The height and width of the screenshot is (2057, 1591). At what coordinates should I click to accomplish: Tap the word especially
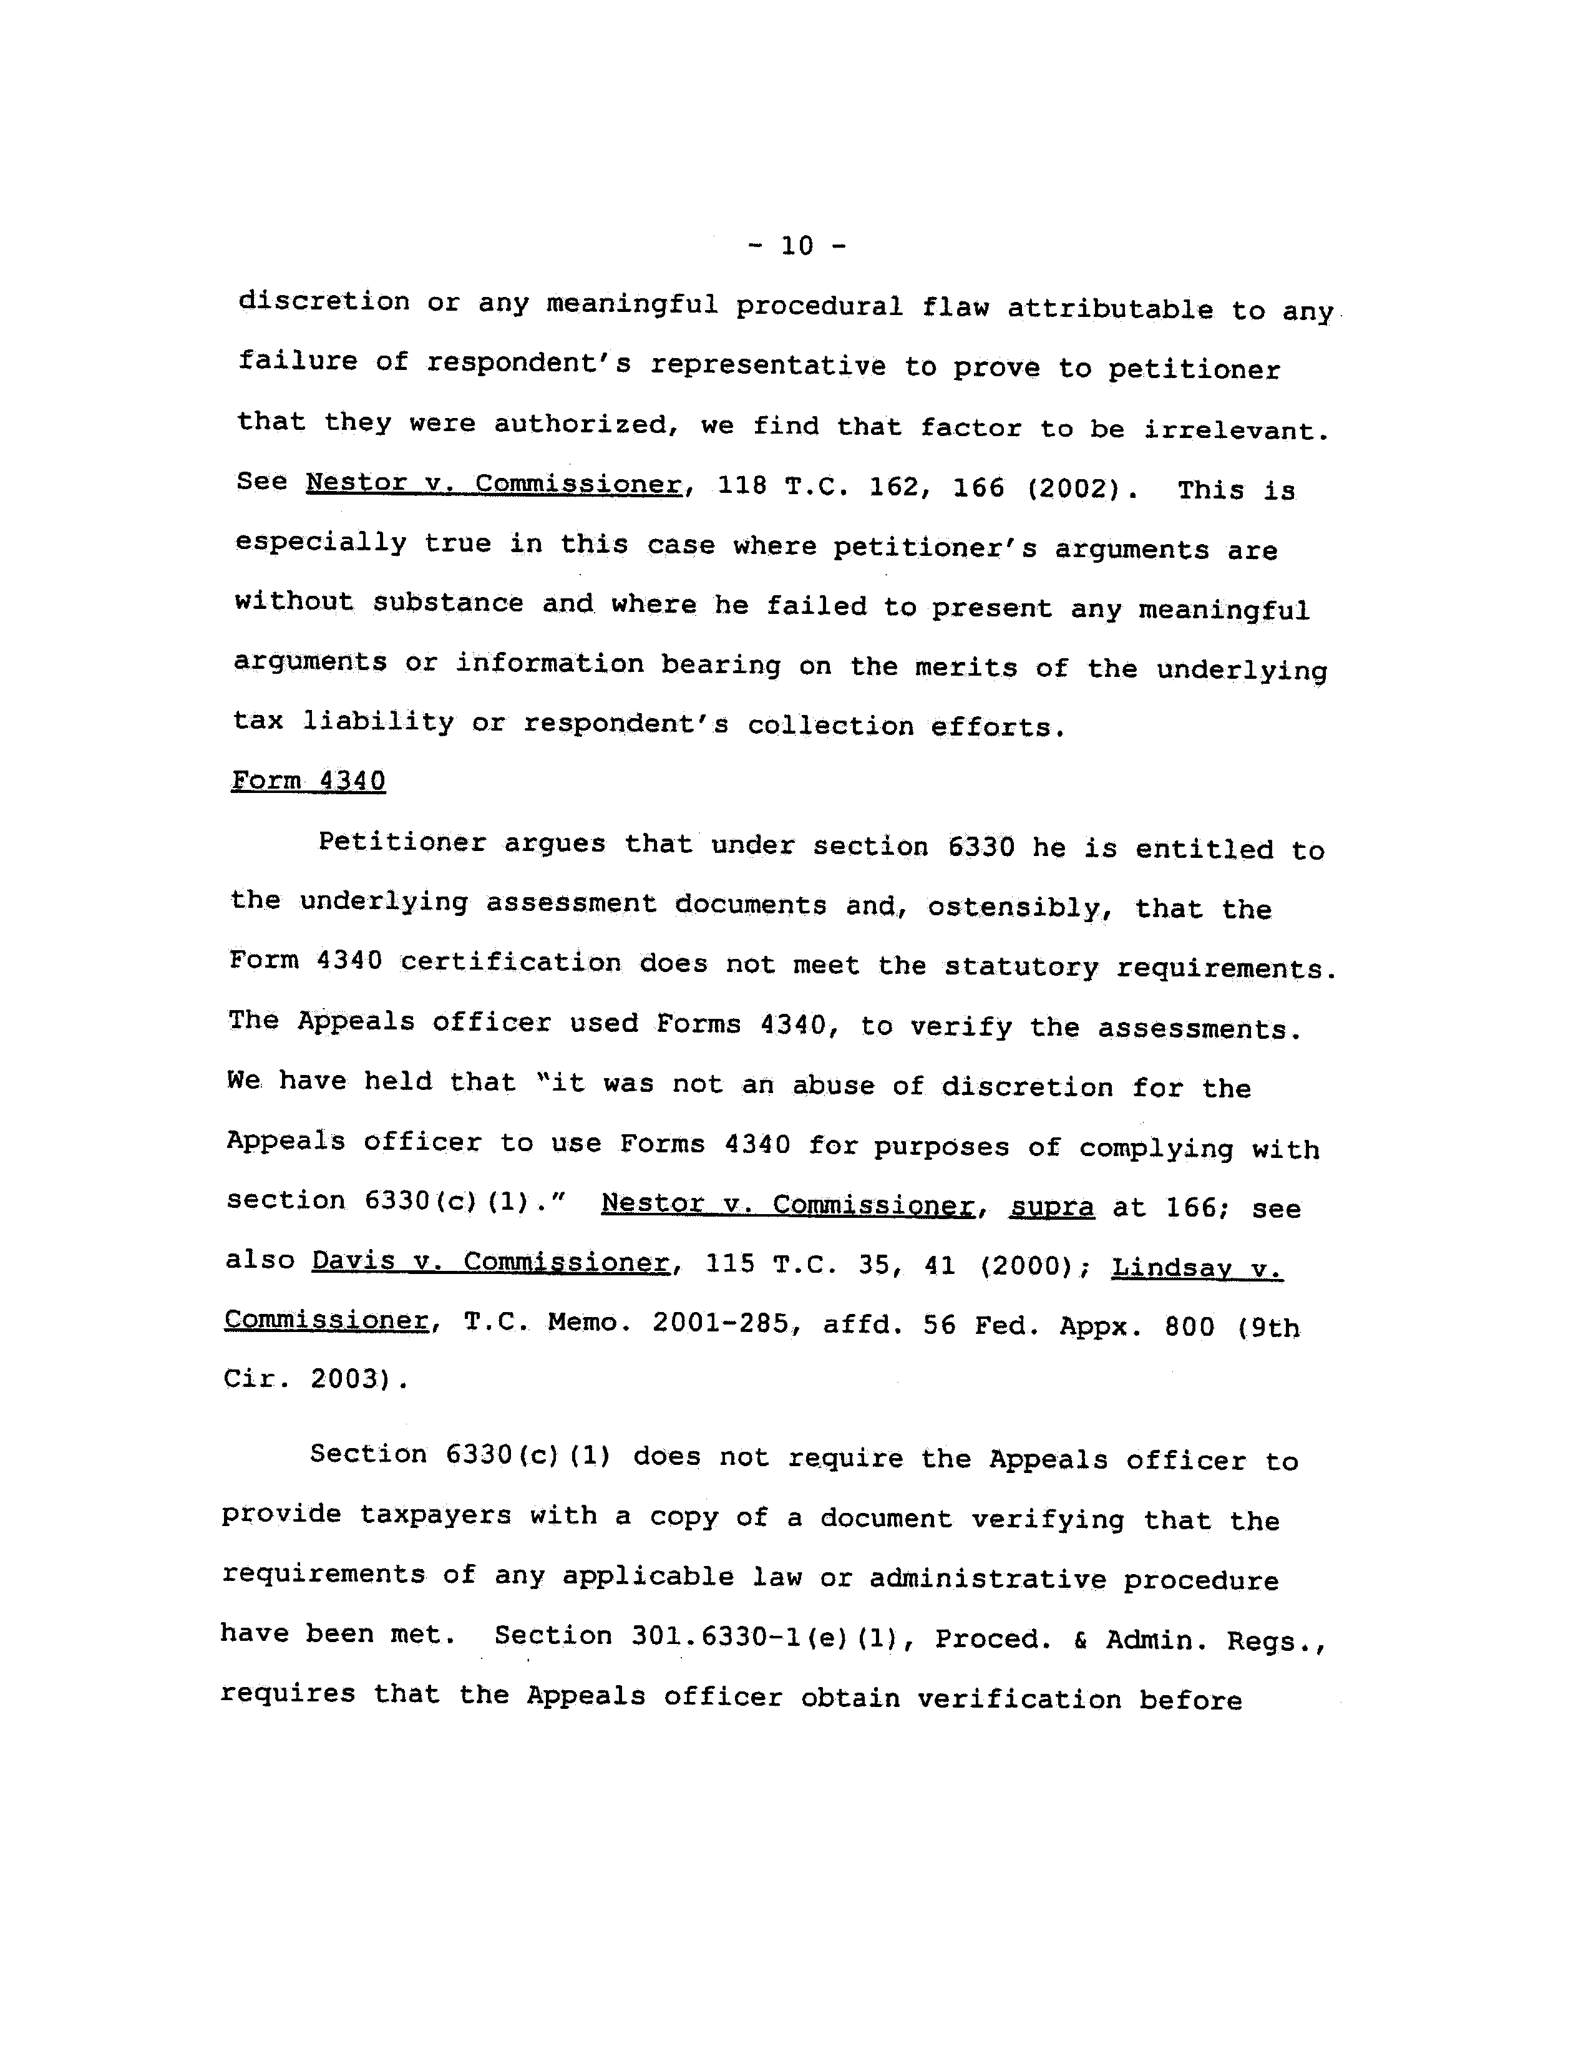tap(320, 543)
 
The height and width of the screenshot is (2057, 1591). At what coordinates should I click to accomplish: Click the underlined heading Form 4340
tap(308, 780)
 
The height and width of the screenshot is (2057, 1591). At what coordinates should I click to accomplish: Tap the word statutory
tap(1020, 967)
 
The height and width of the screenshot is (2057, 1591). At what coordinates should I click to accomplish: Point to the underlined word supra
tap(1051, 1207)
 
